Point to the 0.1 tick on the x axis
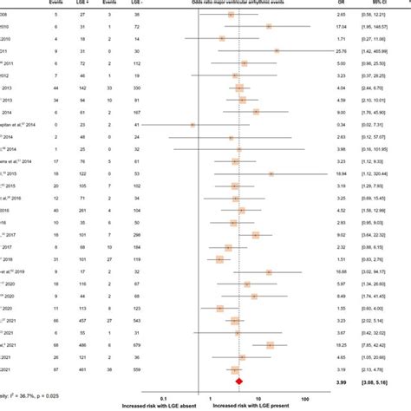click(164, 399)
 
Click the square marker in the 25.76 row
click(277, 51)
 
